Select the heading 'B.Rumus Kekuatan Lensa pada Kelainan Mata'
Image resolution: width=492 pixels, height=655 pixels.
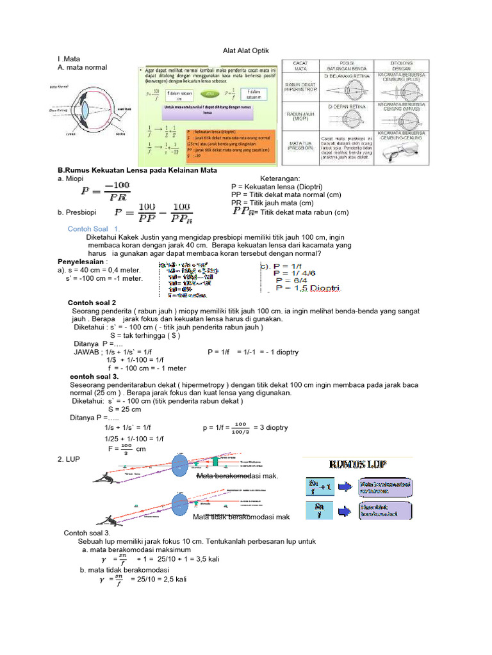pos(138,171)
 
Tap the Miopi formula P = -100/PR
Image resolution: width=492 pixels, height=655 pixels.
pos(105,191)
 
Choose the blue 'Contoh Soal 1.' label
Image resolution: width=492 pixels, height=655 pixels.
pos(94,228)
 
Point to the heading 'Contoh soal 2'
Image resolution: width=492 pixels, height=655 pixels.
pos(92,303)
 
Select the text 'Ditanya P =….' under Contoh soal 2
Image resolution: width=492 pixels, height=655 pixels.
pos(95,343)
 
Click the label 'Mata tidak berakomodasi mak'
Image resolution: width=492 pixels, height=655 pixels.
pos(242,517)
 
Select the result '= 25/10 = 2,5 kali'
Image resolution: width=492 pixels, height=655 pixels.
pos(158,579)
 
